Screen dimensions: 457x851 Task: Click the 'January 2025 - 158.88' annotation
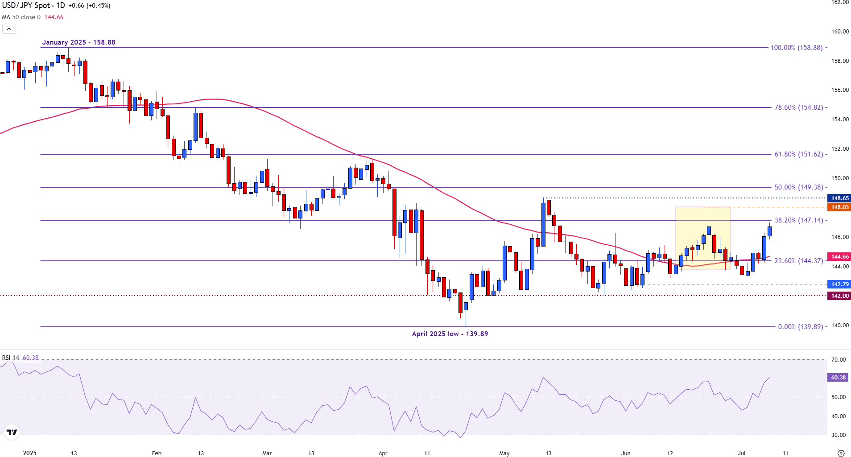tap(78, 42)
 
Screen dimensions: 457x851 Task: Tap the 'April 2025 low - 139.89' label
tap(450, 334)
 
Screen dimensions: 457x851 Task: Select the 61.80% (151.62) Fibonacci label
tap(798, 154)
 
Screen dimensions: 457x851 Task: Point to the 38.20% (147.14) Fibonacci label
tap(798, 220)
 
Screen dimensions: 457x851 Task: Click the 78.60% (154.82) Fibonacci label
tap(798, 107)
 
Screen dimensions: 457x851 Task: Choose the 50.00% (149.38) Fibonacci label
tap(798, 187)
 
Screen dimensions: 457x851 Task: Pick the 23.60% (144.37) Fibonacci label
tap(798, 261)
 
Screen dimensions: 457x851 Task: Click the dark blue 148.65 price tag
tap(839, 198)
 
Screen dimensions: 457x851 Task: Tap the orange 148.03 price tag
tap(839, 207)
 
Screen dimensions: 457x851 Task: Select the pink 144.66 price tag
tap(839, 257)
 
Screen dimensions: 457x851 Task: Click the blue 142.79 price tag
tap(839, 284)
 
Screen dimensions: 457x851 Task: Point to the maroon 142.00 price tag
tap(839, 296)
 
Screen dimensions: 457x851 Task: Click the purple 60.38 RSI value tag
tap(838, 378)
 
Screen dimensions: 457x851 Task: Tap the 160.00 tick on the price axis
tap(840, 32)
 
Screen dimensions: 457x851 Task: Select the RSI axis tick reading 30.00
tap(839, 435)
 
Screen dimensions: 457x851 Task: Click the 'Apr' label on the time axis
tap(383, 453)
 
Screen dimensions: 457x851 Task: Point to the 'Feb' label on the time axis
tap(157, 453)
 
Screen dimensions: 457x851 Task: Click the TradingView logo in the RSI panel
tap(12, 432)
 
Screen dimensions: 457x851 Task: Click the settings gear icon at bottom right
tap(841, 453)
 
